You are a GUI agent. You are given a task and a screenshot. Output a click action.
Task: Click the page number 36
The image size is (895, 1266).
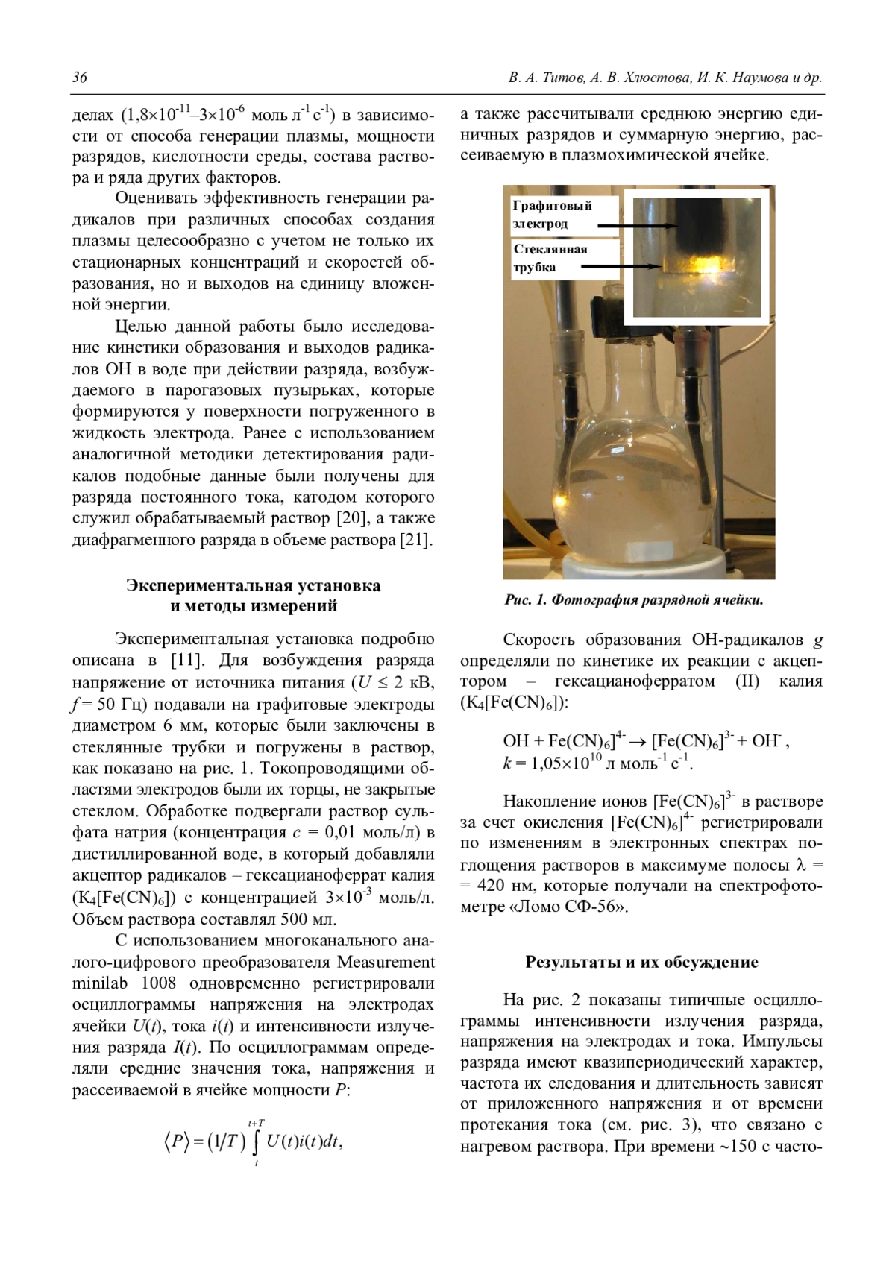tap(79, 78)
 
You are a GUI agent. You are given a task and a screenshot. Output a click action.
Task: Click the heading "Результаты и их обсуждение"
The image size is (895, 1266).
tap(641, 962)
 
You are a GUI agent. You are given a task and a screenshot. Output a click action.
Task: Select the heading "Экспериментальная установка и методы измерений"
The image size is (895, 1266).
tap(254, 595)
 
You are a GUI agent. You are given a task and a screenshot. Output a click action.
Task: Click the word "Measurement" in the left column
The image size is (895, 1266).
tap(387, 961)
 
